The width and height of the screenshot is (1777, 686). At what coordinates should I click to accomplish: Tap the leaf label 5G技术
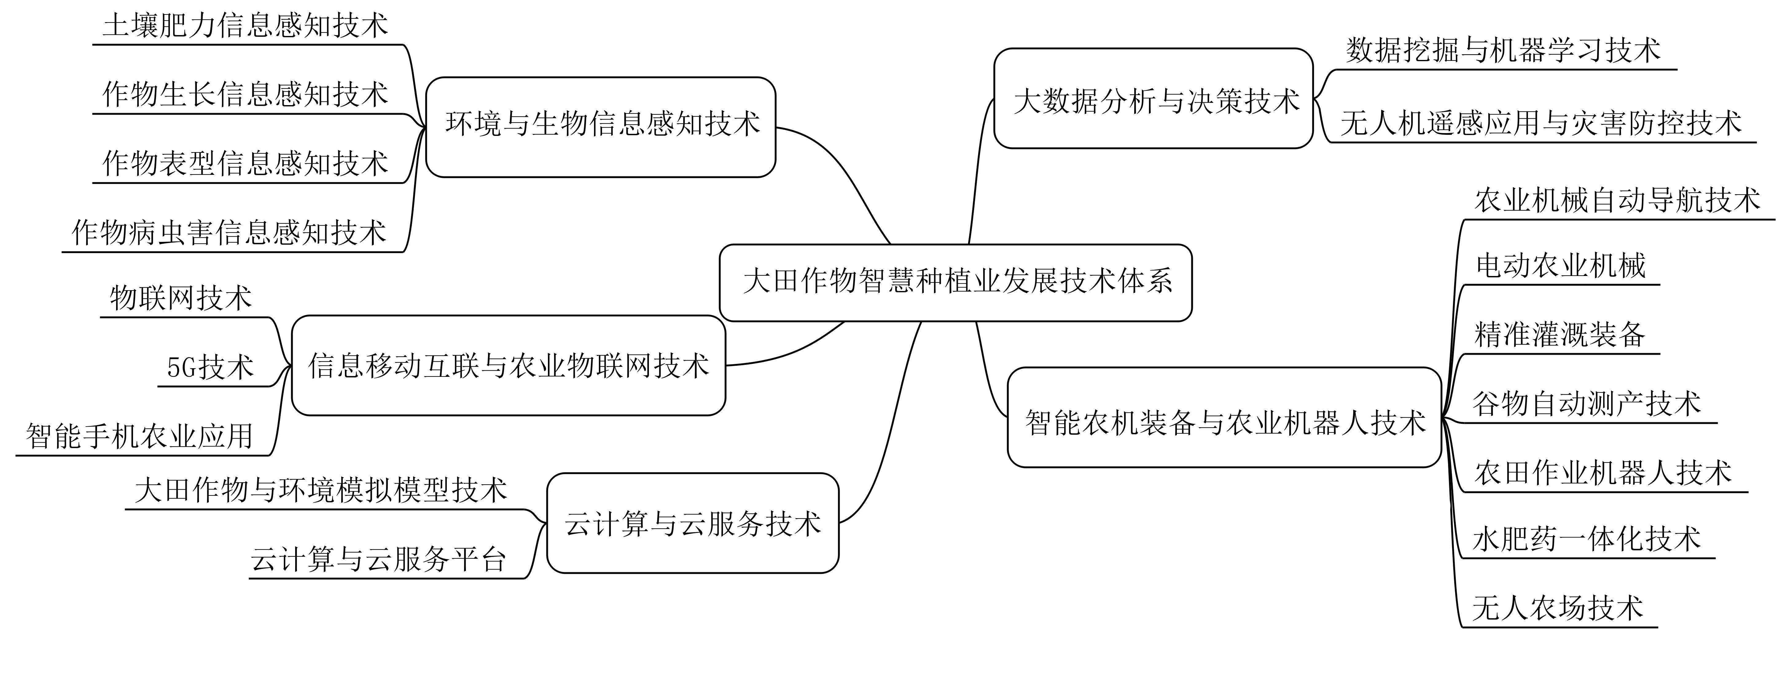[x=210, y=367]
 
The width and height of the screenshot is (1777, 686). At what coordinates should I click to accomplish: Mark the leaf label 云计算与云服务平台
[x=379, y=559]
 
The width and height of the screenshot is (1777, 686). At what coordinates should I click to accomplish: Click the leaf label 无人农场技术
[x=1558, y=608]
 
